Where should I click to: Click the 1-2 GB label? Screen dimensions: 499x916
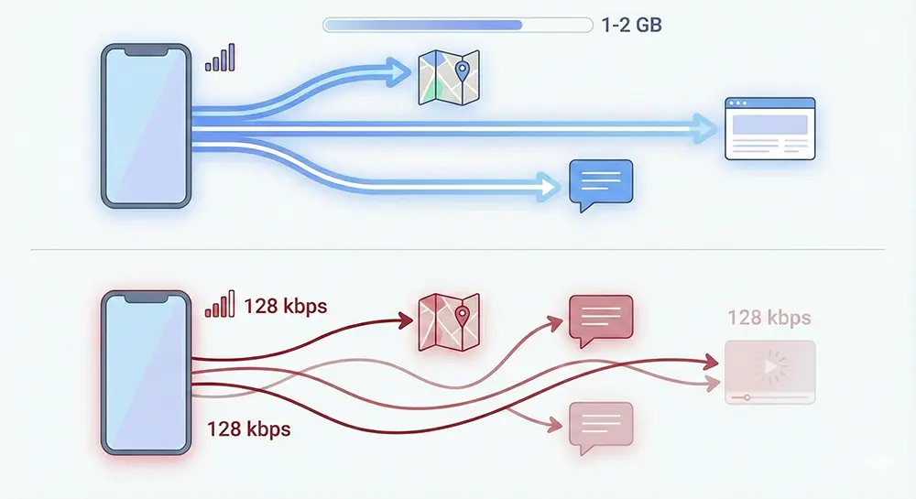click(x=631, y=25)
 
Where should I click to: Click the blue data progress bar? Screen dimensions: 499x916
click(x=456, y=25)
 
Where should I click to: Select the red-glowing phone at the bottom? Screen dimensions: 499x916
click(x=145, y=373)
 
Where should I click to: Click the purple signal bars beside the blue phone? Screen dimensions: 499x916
click(x=220, y=58)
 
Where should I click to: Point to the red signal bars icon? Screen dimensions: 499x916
click(x=220, y=305)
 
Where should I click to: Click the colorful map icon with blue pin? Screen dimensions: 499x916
click(x=449, y=77)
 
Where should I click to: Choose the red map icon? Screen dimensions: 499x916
click(x=449, y=322)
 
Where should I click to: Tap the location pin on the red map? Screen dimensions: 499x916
click(x=462, y=317)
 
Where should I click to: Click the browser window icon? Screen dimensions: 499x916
click(x=769, y=129)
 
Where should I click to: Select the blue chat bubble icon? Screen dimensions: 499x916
click(x=600, y=184)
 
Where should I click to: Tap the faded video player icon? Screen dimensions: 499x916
click(x=769, y=372)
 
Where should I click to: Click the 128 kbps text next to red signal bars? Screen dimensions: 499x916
click(x=285, y=306)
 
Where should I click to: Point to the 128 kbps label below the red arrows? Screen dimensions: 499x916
click(x=248, y=428)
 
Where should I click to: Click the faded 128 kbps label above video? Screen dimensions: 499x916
click(x=769, y=319)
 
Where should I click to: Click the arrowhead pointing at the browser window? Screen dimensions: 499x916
click(x=704, y=128)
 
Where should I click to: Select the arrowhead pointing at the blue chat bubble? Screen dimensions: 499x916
click(x=549, y=188)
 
